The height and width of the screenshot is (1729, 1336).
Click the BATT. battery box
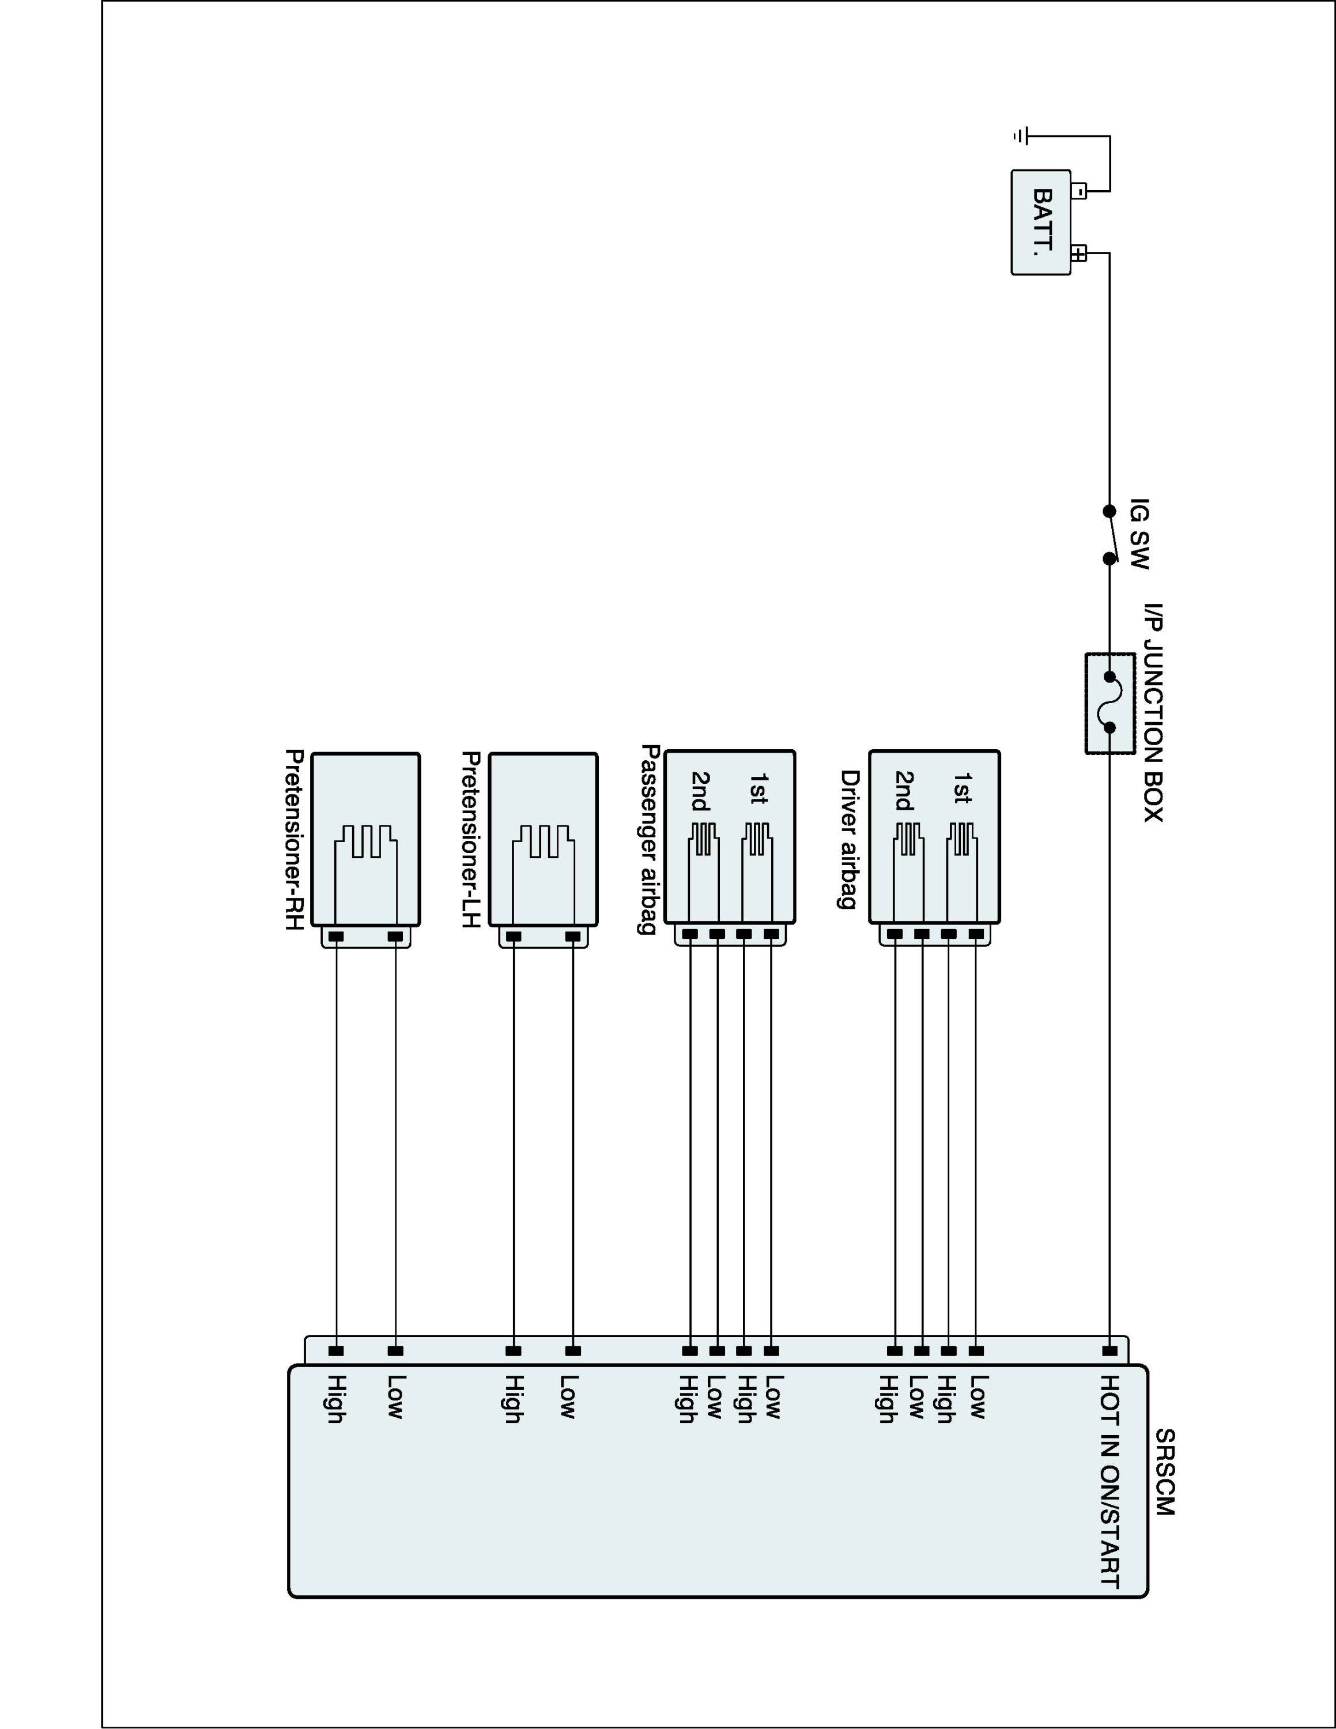(x=1041, y=222)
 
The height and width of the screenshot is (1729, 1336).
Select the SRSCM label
(x=1164, y=1472)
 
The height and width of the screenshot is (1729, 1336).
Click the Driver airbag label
(x=849, y=839)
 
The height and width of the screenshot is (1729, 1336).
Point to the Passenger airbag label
(x=649, y=839)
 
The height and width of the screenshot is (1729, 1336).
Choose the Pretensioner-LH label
(x=470, y=839)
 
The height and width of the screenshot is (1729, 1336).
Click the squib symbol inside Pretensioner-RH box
(x=365, y=841)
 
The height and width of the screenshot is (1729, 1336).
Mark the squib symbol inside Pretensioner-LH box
(x=543, y=841)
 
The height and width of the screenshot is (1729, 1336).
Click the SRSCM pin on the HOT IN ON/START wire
(x=1109, y=1350)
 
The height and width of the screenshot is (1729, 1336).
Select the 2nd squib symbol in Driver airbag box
(x=908, y=839)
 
